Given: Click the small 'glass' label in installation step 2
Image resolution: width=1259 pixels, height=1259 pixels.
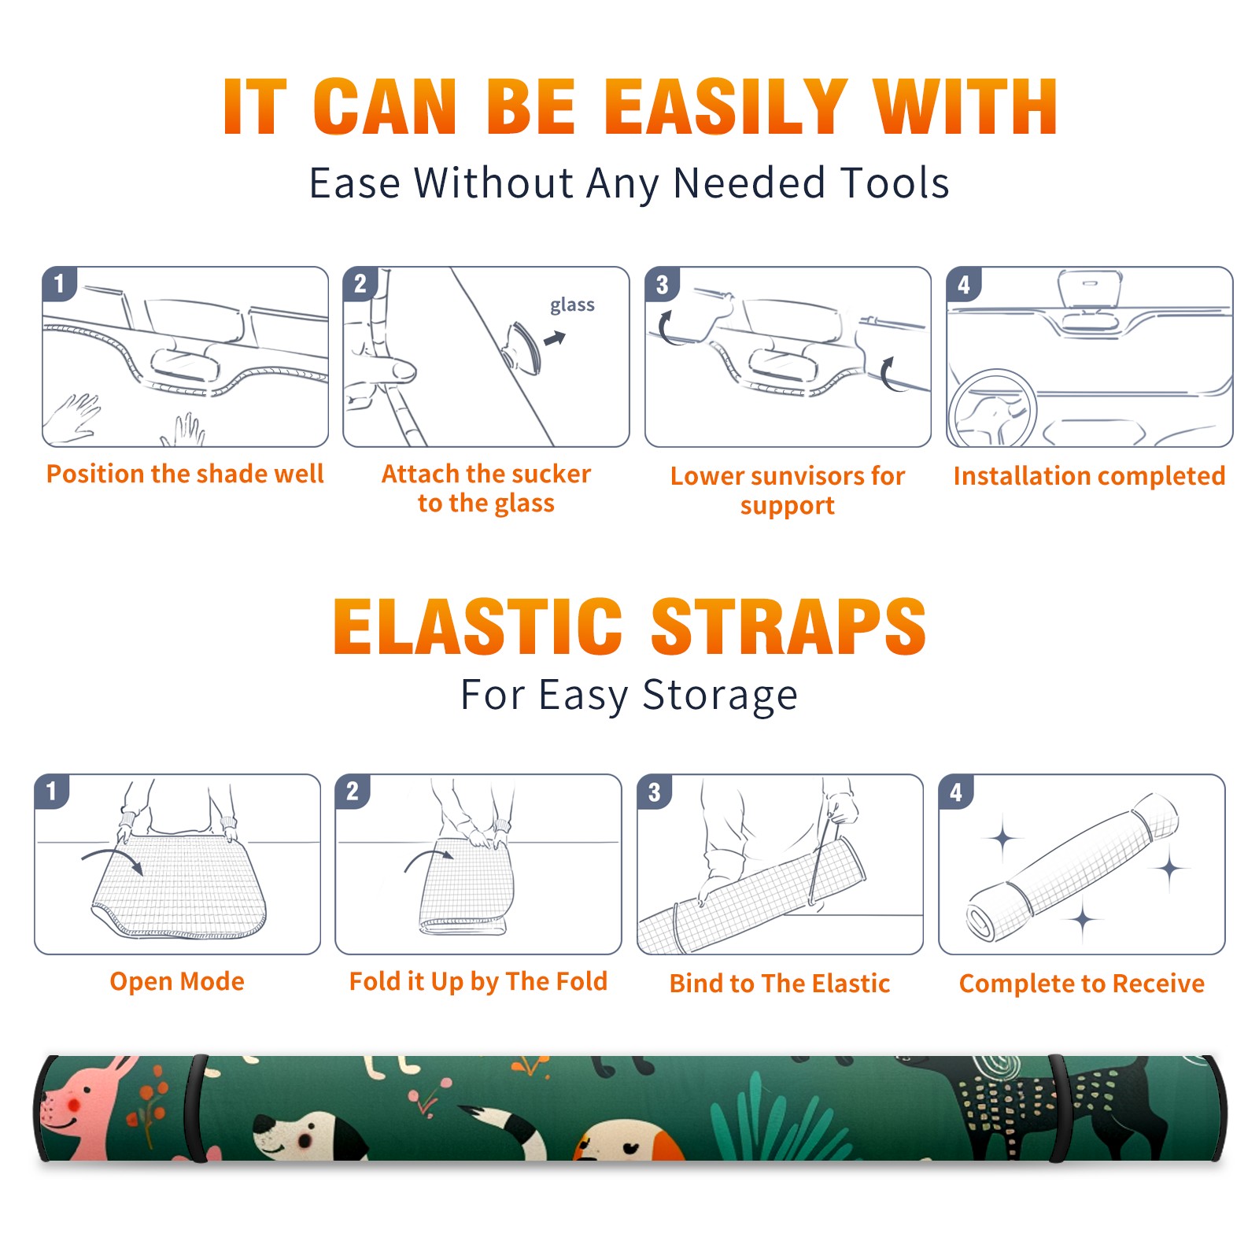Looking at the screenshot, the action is coord(572,305).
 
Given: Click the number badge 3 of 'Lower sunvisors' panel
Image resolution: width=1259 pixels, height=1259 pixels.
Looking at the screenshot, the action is coord(662,284).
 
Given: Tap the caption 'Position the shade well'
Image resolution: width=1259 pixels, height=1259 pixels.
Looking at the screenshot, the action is coord(185,474).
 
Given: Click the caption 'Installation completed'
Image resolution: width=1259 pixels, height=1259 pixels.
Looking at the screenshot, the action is coord(1089,475).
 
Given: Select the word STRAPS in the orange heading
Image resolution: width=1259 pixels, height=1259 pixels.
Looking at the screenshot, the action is coord(788,626).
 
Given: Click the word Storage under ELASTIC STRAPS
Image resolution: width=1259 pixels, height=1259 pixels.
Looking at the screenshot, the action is coord(720,696).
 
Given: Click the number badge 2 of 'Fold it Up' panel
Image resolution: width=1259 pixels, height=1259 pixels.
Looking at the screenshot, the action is coord(353,791).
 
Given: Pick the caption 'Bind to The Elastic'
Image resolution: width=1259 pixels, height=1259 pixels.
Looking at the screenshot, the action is coord(779,983).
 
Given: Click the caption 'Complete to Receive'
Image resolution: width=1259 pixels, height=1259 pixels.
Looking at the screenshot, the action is coord(1081,983).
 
